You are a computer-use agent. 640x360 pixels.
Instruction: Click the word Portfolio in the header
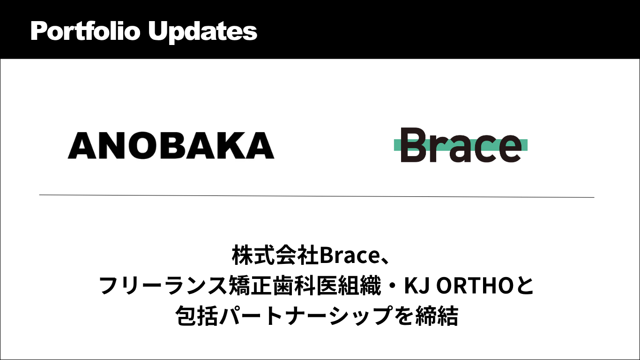(x=85, y=31)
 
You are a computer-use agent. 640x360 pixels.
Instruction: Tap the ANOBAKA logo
(x=171, y=145)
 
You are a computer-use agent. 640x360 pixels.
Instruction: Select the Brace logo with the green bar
(x=461, y=145)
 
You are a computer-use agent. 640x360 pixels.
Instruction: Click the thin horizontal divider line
(x=317, y=196)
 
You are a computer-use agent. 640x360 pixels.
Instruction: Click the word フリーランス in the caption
(x=164, y=285)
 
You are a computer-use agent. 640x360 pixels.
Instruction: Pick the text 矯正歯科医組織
(x=305, y=285)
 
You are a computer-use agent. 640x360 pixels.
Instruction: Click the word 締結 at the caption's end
(x=437, y=315)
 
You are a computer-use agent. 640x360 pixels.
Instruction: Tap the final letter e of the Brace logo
(x=508, y=149)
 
